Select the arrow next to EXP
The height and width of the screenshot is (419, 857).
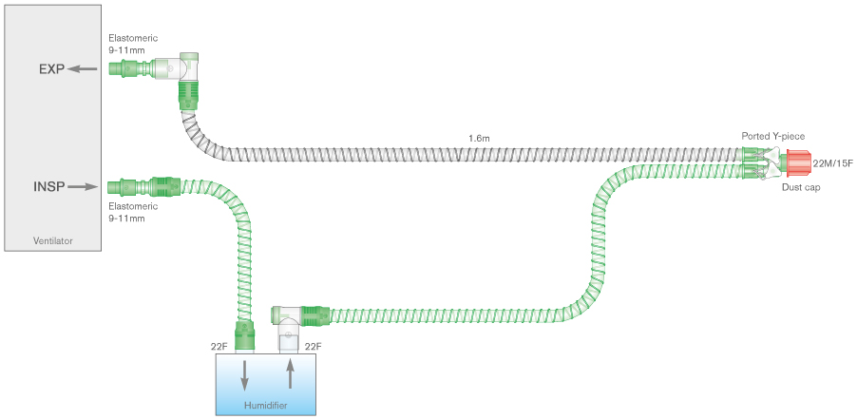[x=83, y=68]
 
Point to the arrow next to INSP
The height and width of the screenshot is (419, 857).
[x=83, y=187]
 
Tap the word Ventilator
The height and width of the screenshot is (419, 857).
[x=52, y=241]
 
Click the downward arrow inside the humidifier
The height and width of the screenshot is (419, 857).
[x=245, y=374]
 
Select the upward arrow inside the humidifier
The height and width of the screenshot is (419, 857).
[x=292, y=374]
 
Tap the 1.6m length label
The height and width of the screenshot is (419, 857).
[x=480, y=139]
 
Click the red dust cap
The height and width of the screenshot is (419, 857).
[x=796, y=163]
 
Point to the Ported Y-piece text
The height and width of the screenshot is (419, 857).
[x=773, y=137]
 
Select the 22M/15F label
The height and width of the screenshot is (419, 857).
[x=832, y=163]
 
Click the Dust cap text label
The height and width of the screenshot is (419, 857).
[x=802, y=188]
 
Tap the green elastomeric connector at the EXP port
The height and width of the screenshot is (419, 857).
[x=123, y=68]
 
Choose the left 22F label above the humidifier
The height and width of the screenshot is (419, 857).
[x=219, y=347]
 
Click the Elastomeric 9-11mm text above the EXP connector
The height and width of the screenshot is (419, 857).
[x=132, y=44]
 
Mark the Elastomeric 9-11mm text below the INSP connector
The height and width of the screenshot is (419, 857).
[x=126, y=212]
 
